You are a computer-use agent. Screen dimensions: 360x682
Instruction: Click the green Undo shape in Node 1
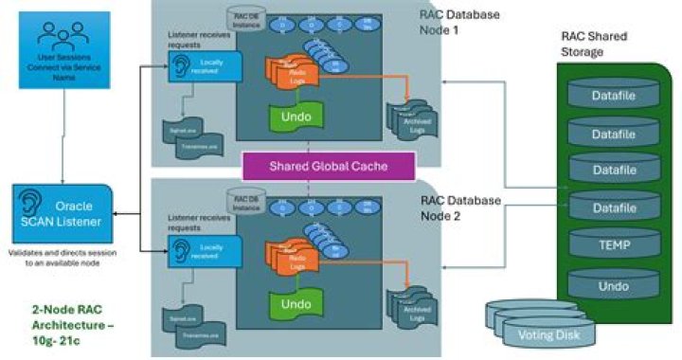pyautogui.click(x=295, y=117)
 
